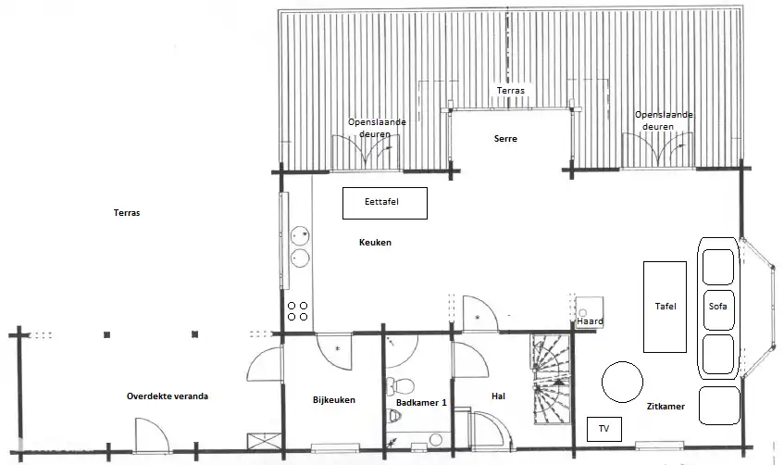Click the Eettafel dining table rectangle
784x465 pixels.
(x=384, y=203)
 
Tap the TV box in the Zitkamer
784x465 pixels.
(x=604, y=429)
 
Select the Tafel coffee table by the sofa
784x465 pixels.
(x=665, y=307)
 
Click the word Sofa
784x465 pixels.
(x=717, y=307)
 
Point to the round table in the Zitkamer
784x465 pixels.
(x=622, y=382)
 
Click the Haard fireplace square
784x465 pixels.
(x=590, y=312)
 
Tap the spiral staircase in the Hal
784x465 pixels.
(x=551, y=379)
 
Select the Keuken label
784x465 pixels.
(x=375, y=243)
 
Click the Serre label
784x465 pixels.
(x=505, y=139)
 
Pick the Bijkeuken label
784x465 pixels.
(x=334, y=400)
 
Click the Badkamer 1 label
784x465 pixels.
(x=421, y=402)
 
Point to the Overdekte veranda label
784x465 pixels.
(x=167, y=396)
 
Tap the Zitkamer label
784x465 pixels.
(x=666, y=407)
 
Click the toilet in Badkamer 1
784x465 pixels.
(x=401, y=386)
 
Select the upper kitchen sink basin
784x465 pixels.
(x=300, y=235)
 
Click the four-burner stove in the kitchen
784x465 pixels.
(x=297, y=311)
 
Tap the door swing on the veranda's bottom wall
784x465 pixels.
(x=153, y=435)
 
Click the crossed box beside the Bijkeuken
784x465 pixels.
(x=258, y=443)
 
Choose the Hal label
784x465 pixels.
(x=498, y=396)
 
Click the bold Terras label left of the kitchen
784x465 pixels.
(x=127, y=213)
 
